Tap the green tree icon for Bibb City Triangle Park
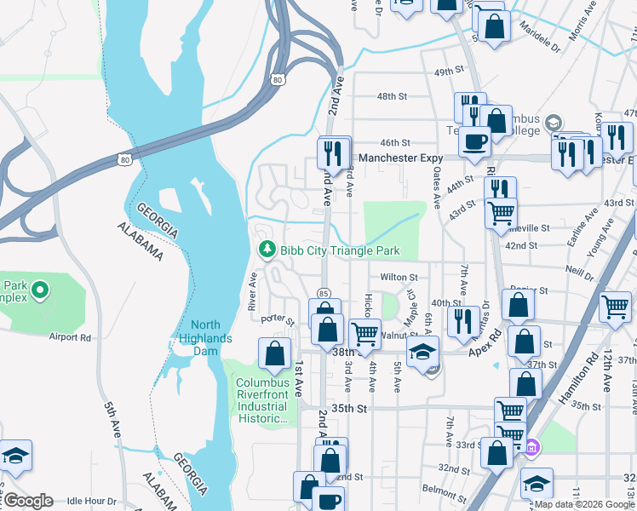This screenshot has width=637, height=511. [267, 250]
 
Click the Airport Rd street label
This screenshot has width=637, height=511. [69, 337]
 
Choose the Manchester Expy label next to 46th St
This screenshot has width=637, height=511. [401, 158]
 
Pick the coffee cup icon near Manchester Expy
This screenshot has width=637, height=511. [474, 140]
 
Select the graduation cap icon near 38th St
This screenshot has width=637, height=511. [422, 351]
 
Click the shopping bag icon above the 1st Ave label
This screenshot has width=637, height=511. [274, 353]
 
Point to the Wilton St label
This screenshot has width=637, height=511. [399, 277]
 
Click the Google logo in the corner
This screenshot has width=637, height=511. [28, 501]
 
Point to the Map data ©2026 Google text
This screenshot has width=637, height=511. [582, 504]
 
